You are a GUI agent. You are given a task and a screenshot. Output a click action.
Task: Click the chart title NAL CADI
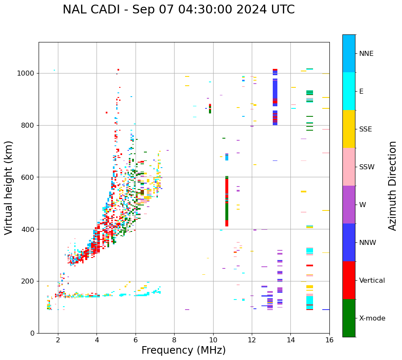point(178,10)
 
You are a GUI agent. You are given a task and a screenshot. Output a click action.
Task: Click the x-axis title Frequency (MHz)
point(183,350)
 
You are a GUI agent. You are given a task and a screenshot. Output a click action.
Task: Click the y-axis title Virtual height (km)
point(9,187)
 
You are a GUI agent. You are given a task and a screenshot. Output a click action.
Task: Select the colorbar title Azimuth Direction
point(392,186)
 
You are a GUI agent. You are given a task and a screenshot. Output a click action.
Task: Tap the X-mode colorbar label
point(372,318)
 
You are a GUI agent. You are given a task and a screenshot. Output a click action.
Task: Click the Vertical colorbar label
point(372,281)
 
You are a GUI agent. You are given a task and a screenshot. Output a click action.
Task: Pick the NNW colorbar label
point(367,243)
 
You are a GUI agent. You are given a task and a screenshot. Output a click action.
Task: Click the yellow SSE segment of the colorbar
point(349,129)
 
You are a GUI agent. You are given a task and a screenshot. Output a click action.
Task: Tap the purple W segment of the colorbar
point(349,205)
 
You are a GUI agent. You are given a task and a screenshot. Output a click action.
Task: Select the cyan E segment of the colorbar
point(349,91)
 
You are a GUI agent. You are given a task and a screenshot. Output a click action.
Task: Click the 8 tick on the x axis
point(174,340)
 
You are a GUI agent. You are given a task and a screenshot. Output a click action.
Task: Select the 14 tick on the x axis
point(290,340)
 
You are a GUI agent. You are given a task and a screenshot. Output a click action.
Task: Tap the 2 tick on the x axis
point(58,340)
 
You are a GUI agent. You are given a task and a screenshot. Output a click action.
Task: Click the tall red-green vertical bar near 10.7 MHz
point(227,202)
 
